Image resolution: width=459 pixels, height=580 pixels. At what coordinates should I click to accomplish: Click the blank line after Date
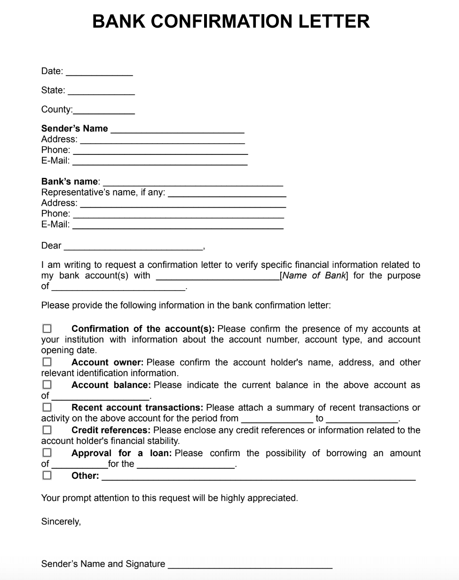pos(99,73)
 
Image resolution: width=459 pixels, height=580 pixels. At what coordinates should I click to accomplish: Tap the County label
pos(56,110)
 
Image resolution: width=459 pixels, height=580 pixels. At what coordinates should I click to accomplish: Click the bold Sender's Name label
pos(74,129)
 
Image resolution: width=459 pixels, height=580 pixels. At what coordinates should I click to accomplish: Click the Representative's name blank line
pos(227,193)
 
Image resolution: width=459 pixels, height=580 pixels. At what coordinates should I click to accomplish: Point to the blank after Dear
pos(133,247)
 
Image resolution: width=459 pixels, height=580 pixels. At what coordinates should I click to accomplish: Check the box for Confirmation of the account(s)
pos(47,328)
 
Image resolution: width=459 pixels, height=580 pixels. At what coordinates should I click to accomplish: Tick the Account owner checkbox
pos(47,362)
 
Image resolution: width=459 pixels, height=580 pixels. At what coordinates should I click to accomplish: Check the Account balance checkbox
pos(47,385)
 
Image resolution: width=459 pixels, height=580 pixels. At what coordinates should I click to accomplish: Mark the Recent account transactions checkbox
pos(47,407)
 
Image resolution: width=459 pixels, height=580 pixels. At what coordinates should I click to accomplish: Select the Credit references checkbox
pos(47,430)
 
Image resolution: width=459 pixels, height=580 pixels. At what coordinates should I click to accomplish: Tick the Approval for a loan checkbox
pos(47,452)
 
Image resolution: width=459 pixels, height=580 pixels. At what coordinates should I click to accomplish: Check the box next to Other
pos(47,475)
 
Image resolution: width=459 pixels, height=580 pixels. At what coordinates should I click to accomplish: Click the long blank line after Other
pos(259,477)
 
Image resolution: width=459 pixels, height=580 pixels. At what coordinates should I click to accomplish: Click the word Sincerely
pos(61,522)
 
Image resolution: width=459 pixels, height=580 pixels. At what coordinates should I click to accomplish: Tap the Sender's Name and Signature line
pos(250,565)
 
